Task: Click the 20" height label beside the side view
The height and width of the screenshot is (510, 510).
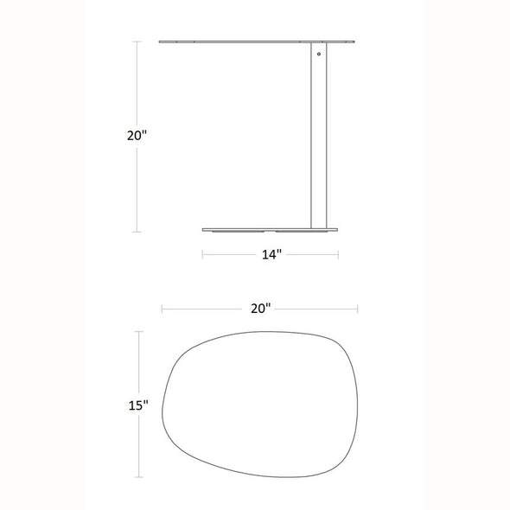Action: [x=137, y=136]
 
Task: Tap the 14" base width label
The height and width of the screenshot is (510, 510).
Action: [x=271, y=254]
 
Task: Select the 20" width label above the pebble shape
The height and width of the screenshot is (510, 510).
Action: [x=260, y=309]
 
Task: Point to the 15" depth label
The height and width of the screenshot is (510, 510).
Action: [x=138, y=405]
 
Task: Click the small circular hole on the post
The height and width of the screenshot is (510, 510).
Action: [x=319, y=54]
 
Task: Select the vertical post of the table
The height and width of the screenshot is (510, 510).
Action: [x=319, y=136]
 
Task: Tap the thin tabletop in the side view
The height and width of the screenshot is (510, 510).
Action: [x=257, y=41]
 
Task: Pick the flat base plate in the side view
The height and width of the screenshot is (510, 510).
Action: [x=270, y=230]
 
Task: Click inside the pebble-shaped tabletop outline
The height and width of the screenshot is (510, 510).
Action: [x=260, y=405]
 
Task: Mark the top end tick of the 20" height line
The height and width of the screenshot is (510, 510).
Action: [x=137, y=41]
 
